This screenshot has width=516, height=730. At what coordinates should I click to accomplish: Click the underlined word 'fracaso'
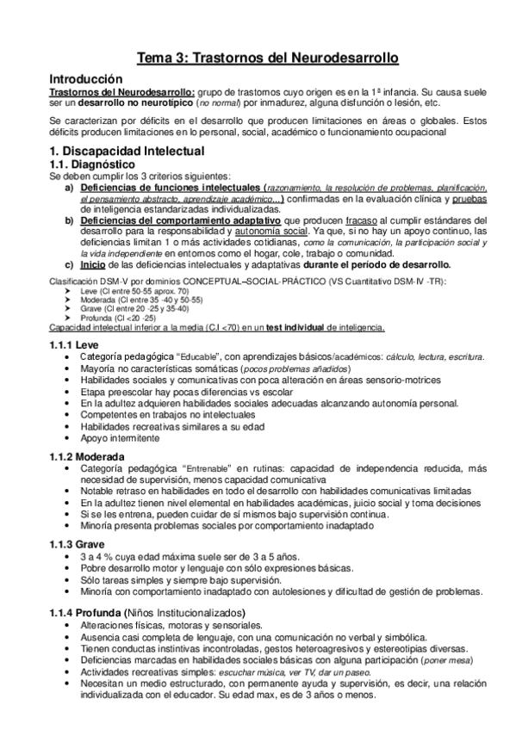373,220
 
